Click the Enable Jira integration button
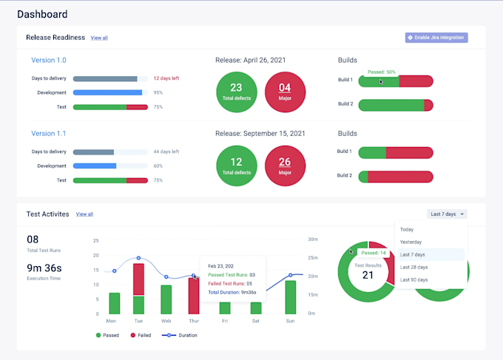click(436, 37)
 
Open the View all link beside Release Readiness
click(99, 38)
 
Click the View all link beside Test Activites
click(84, 214)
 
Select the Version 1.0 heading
click(49, 60)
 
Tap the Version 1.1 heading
click(49, 134)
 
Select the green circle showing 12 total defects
click(236, 166)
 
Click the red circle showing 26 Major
click(285, 166)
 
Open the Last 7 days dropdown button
click(447, 214)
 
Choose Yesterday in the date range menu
click(411, 242)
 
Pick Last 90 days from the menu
click(414, 279)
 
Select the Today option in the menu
click(407, 229)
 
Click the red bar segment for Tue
click(138, 279)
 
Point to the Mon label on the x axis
click(111, 322)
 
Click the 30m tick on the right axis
click(313, 240)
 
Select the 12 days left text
click(166, 78)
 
